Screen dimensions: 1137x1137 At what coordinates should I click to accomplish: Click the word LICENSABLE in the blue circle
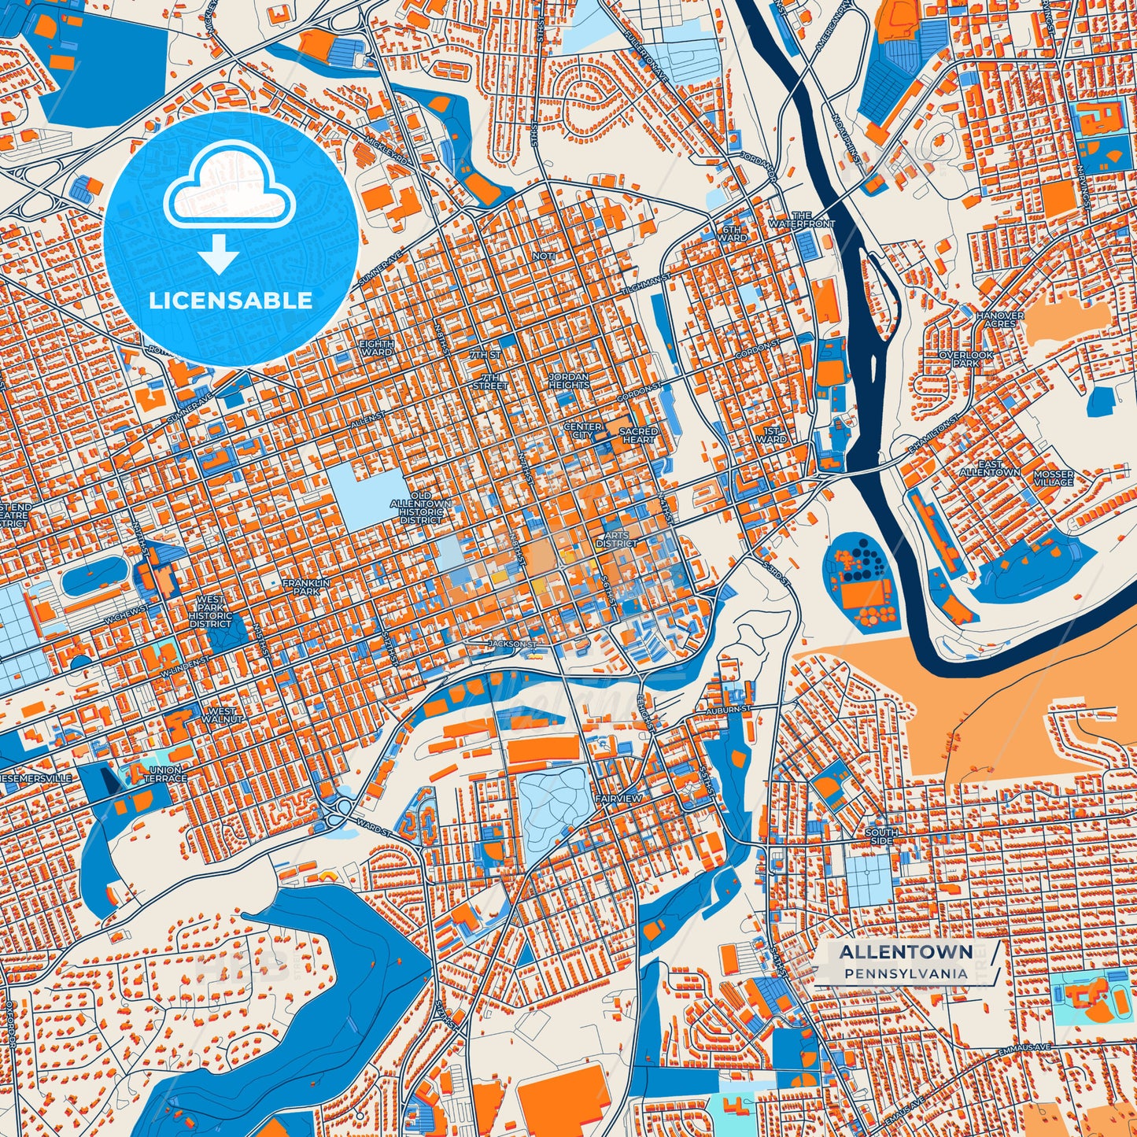point(231,301)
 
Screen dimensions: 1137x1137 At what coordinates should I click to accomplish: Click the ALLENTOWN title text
point(906,952)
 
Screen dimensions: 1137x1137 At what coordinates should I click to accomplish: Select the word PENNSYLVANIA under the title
point(906,973)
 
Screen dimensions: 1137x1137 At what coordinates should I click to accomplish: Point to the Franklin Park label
point(306,586)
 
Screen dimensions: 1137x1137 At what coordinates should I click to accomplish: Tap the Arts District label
point(617,539)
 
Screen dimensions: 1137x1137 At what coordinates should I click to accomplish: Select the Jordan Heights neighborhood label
point(569,381)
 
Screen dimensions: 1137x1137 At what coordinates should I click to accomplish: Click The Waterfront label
point(801,220)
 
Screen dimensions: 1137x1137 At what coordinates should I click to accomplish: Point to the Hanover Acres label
point(1000,319)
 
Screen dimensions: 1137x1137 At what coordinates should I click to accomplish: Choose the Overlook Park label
point(966,359)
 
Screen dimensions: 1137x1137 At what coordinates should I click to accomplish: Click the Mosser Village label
point(1054,478)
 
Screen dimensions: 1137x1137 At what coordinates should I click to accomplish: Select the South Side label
point(881,836)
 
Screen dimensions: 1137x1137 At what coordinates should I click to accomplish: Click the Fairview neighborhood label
point(618,798)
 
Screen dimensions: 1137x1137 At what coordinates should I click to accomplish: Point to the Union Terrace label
point(165,773)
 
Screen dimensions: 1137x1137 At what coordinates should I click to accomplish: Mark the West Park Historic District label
point(210,611)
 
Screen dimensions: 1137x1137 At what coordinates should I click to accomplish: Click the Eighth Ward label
point(376,348)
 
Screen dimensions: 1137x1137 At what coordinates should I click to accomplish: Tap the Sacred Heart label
point(638,435)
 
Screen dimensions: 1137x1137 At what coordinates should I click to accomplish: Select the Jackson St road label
point(512,644)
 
